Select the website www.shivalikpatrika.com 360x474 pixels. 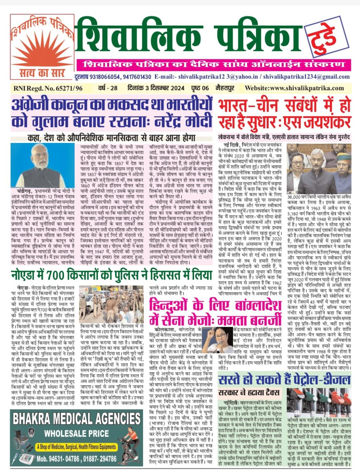(294, 88)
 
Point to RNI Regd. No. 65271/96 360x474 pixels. (48, 88)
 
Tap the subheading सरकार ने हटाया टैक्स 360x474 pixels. (249, 392)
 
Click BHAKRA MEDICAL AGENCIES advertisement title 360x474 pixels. (77, 418)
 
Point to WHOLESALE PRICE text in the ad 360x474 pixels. (77, 434)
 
